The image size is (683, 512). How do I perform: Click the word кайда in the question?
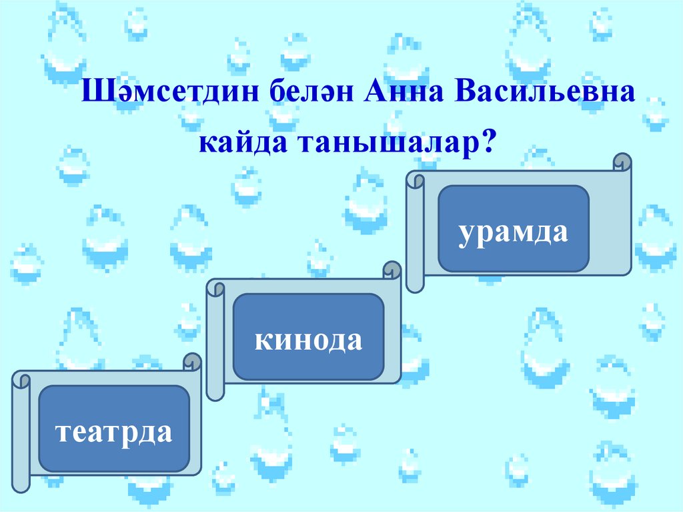[x=239, y=142]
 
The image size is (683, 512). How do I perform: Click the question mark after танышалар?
[x=492, y=142]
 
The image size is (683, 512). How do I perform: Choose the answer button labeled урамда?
[x=513, y=228]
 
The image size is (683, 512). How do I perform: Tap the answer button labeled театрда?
[x=114, y=428]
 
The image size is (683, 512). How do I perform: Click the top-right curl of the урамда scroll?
[x=622, y=162]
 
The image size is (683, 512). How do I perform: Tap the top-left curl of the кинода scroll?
[x=215, y=288]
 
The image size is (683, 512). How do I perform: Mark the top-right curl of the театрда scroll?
[x=193, y=361]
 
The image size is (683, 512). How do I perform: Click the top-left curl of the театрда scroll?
[x=21, y=380]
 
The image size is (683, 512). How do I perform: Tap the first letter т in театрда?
[x=62, y=430]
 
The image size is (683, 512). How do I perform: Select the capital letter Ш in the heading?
[x=92, y=91]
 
